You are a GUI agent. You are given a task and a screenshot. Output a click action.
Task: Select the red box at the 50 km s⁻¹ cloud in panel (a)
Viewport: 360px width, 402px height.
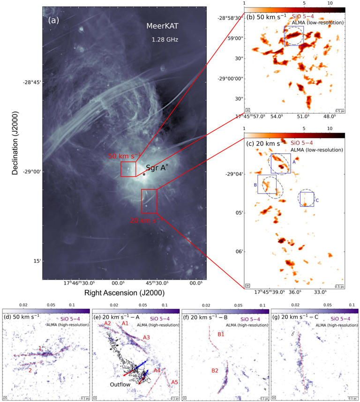pos(128,169)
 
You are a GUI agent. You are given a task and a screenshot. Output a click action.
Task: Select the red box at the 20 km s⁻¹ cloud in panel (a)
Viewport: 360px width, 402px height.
pos(149,201)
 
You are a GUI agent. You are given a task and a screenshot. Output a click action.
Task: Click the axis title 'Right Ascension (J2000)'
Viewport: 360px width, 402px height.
pos(124,293)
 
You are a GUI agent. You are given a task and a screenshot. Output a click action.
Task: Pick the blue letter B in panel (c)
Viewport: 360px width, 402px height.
pos(255,185)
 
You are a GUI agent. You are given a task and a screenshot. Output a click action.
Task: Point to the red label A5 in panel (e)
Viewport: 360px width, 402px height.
pos(174,382)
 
